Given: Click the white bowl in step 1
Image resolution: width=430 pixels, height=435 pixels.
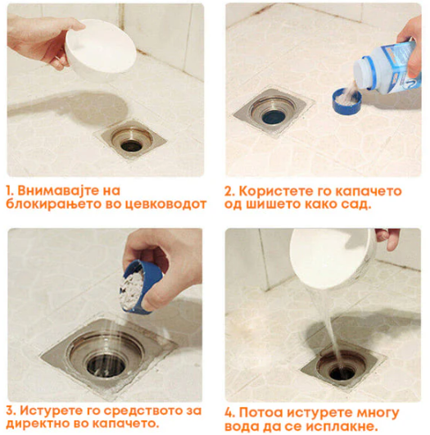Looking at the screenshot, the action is [102, 48].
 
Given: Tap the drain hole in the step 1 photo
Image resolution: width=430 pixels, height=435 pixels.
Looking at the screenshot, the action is [132, 145].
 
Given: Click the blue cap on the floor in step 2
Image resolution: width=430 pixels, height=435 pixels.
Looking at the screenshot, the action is [346, 101].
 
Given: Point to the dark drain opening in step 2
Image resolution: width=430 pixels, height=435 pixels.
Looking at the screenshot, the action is [274, 117].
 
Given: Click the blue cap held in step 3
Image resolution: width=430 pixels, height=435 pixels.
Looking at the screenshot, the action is [140, 287].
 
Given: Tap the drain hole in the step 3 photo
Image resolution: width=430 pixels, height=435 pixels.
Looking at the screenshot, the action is [106, 365].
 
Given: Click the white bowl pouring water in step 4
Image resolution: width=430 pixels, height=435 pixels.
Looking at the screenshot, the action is [333, 257].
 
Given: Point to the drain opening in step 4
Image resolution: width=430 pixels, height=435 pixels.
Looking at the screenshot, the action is [342, 373].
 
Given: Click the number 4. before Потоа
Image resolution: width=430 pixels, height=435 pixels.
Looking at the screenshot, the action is [230, 413].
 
